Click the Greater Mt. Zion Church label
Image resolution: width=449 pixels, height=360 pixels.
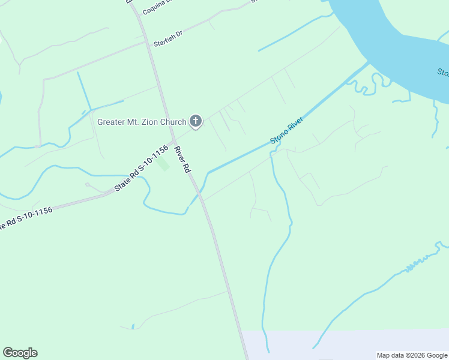click(x=142, y=122)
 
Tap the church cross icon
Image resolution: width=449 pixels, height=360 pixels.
click(x=195, y=122)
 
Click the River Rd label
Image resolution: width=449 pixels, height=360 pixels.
click(x=182, y=160)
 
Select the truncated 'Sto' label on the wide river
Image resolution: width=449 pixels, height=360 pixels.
click(x=443, y=73)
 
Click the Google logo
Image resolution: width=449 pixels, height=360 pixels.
click(x=20, y=353)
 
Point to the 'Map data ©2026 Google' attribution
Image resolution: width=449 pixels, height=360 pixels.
click(x=412, y=355)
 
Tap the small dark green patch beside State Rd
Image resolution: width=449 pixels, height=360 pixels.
click(x=163, y=164)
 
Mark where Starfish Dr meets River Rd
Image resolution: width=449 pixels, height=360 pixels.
click(x=147, y=42)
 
